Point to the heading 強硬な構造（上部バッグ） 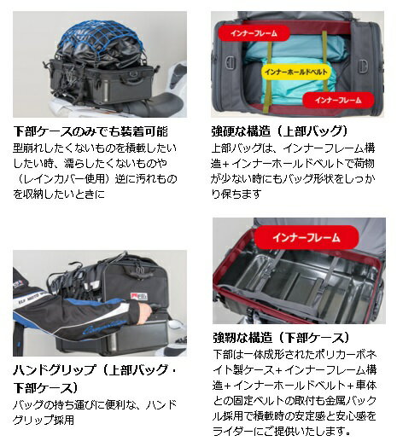click(x=279, y=131)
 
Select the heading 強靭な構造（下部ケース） click(x=283, y=338)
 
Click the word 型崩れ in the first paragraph click(x=28, y=148)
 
